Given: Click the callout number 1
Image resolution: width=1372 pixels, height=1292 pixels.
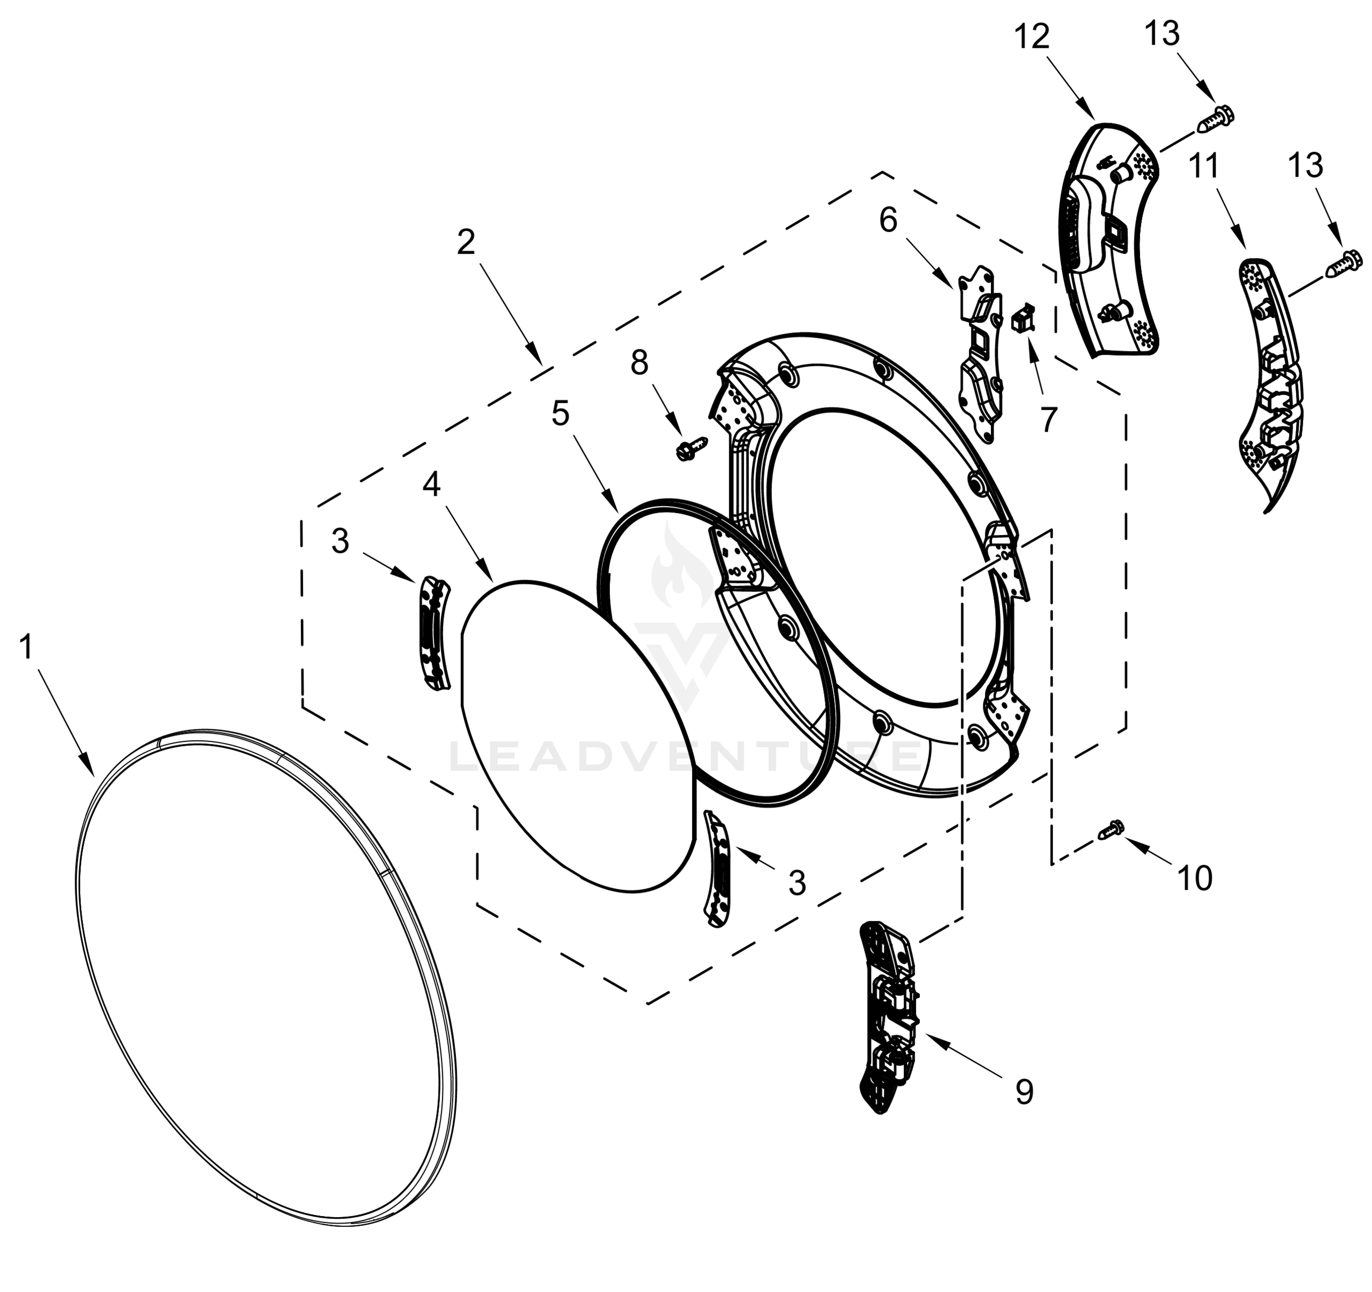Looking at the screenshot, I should click(26, 648).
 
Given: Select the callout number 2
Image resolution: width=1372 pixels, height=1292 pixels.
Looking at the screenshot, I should click(467, 242).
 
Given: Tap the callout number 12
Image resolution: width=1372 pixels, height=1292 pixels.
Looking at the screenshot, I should click(1032, 36).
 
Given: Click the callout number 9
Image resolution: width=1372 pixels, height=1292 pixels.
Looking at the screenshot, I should click(1025, 1092).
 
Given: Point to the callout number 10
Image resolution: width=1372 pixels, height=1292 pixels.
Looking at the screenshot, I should click(1194, 879).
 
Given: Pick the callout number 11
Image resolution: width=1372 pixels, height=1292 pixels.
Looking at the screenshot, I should click(1204, 166).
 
